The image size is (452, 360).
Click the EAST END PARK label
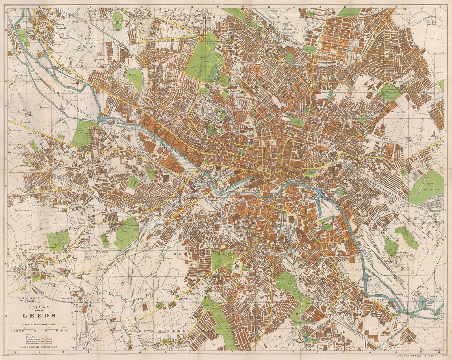click(x=431, y=190)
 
